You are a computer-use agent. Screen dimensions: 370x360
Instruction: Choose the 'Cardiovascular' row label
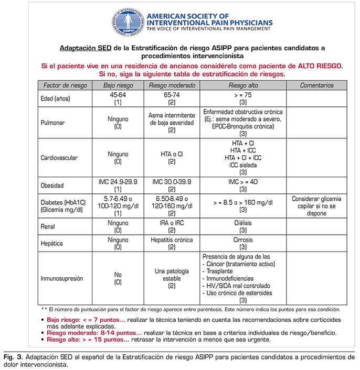(59, 158)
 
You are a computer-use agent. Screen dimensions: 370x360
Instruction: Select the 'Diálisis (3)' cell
(243, 225)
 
